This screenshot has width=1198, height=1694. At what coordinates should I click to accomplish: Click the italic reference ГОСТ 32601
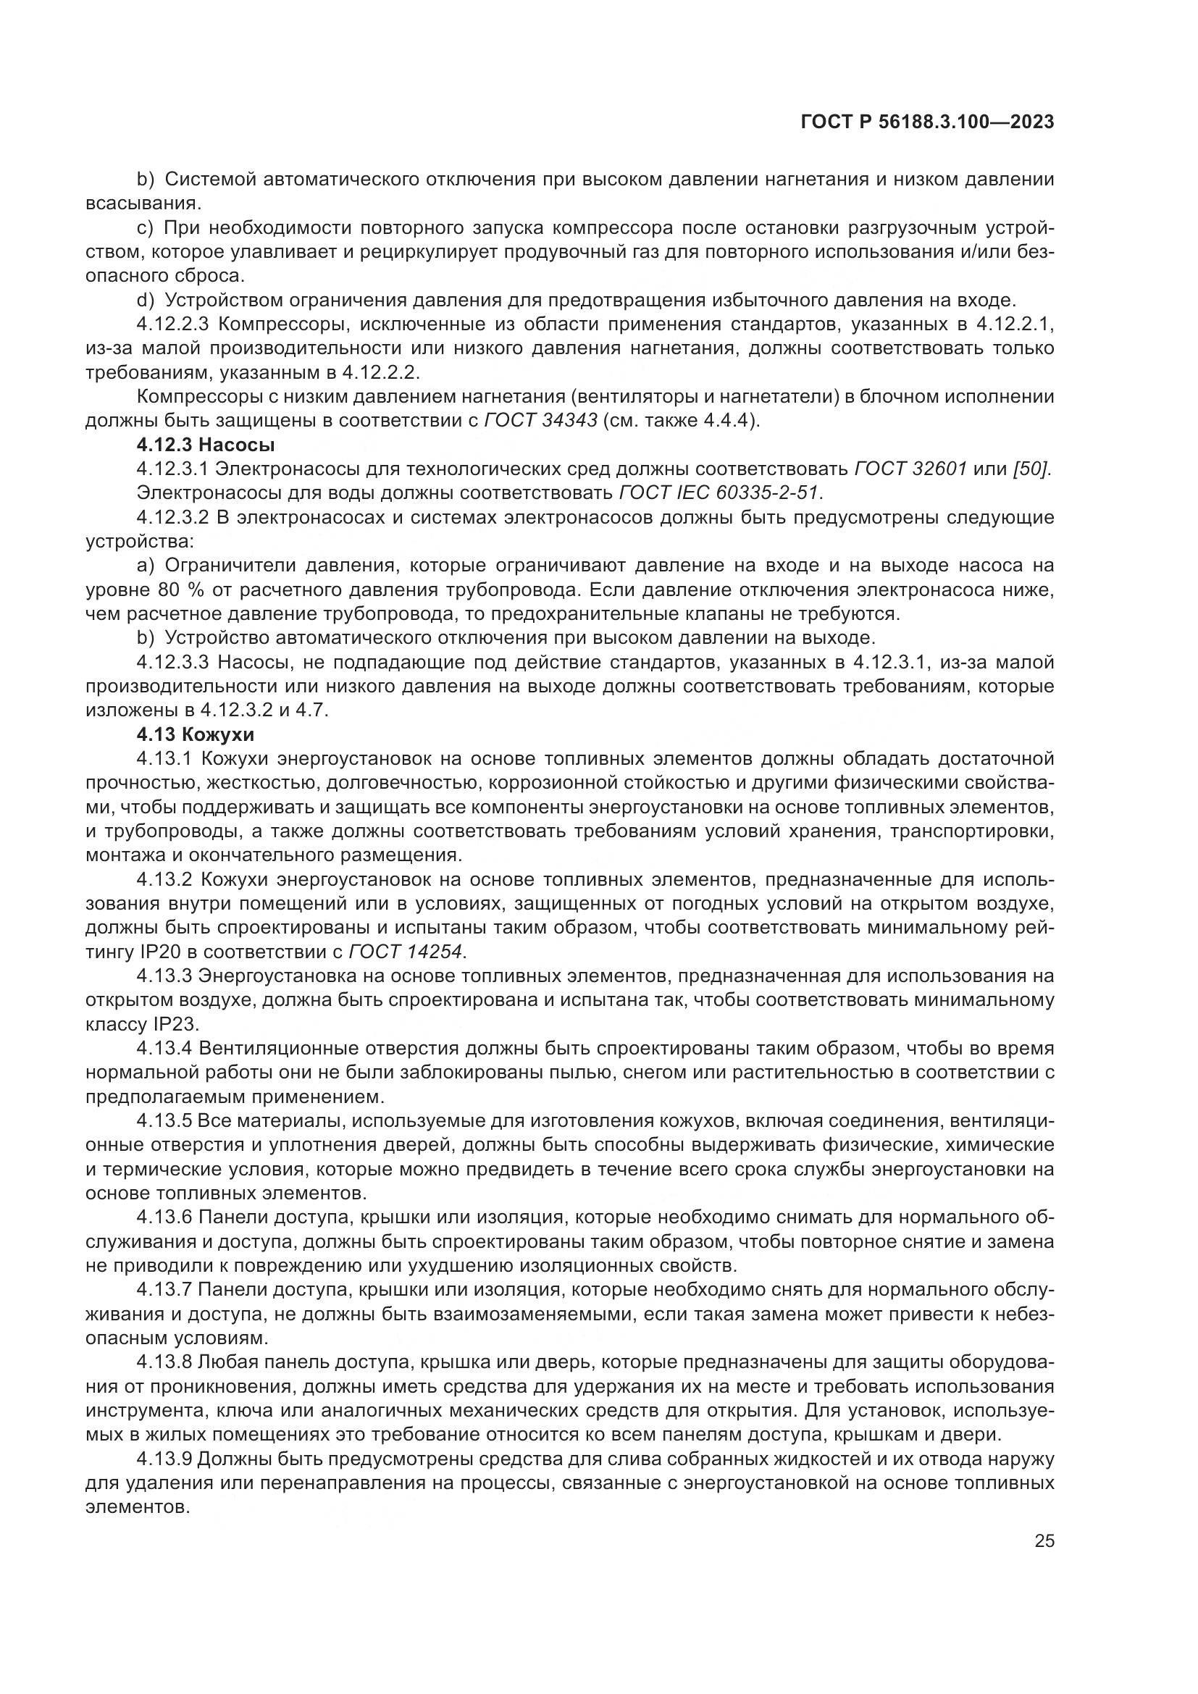(x=910, y=469)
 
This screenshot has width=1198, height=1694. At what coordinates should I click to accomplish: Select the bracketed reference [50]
(x=1034, y=469)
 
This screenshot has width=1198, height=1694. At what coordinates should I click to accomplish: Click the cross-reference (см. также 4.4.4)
(x=683, y=422)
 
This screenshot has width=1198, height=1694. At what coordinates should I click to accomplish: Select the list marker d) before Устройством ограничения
(x=146, y=301)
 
